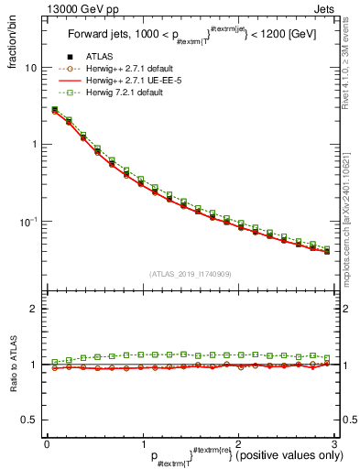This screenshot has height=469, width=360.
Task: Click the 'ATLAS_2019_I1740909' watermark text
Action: click(x=190, y=274)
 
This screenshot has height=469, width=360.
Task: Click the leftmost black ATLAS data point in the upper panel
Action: click(x=54, y=110)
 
